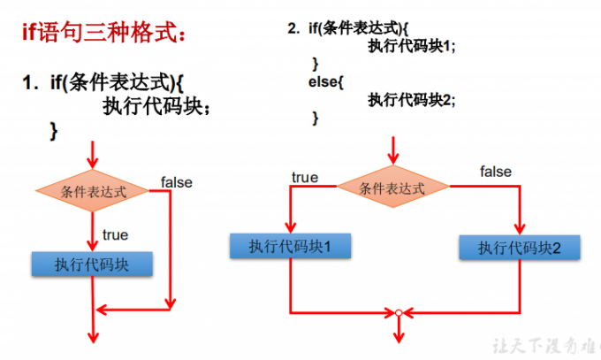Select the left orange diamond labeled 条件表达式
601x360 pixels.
click(x=93, y=191)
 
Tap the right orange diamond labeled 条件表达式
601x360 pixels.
click(x=392, y=188)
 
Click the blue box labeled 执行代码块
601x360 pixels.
click(x=92, y=264)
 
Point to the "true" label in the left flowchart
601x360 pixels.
click(x=115, y=234)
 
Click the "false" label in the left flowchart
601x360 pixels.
click(x=177, y=182)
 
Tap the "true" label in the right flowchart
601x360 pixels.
click(x=305, y=178)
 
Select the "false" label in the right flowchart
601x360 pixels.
click(x=496, y=172)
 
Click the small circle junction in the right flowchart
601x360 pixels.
click(x=399, y=312)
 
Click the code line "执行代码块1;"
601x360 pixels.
click(x=412, y=47)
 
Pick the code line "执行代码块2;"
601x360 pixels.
click(x=412, y=99)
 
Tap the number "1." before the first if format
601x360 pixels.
click(x=32, y=84)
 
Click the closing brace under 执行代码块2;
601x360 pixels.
click(x=316, y=117)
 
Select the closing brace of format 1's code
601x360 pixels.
click(x=54, y=130)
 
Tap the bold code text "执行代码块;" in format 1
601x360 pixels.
click(x=157, y=107)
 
